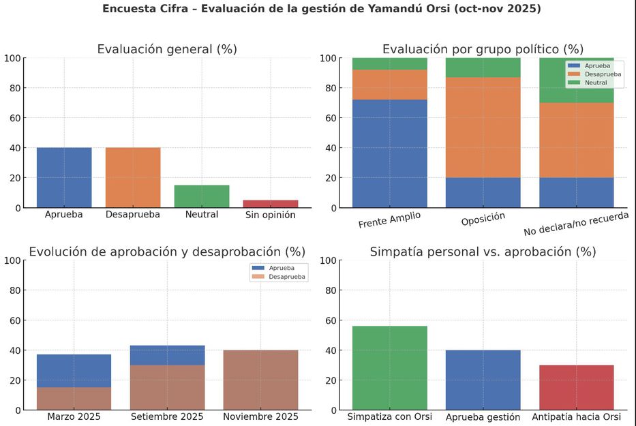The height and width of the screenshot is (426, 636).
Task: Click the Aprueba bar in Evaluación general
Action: pyautogui.click(x=64, y=177)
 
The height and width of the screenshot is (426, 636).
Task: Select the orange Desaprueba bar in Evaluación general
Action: pyautogui.click(x=133, y=177)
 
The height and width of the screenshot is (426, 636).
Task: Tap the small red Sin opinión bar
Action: pyautogui.click(x=271, y=204)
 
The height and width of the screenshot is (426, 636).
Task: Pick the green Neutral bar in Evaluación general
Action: pyautogui.click(x=202, y=196)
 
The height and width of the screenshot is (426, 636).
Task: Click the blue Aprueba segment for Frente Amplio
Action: pyautogui.click(x=389, y=153)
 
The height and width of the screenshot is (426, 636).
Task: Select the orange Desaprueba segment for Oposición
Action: pyautogui.click(x=483, y=127)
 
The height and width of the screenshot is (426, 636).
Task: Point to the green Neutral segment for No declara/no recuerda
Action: pyautogui.click(x=576, y=80)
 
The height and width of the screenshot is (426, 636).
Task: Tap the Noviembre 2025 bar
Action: pyautogui.click(x=260, y=380)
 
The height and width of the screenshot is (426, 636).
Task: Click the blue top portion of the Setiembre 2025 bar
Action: pyautogui.click(x=167, y=355)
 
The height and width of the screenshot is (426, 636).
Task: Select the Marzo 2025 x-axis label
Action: pyautogui.click(x=74, y=416)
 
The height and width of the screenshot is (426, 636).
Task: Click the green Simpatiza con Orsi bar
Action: pyautogui.click(x=389, y=368)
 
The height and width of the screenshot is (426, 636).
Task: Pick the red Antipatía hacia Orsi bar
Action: pyautogui.click(x=576, y=387)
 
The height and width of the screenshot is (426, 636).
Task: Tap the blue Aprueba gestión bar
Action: pyautogui.click(x=483, y=380)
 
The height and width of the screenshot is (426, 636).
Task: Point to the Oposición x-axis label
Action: pyautogui.click(x=483, y=219)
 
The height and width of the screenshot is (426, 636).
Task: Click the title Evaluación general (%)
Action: pyautogui.click(x=167, y=49)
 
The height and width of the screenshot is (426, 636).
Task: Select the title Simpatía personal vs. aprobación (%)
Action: pyautogui.click(x=483, y=252)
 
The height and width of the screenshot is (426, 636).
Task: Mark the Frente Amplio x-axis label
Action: pyautogui.click(x=389, y=219)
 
